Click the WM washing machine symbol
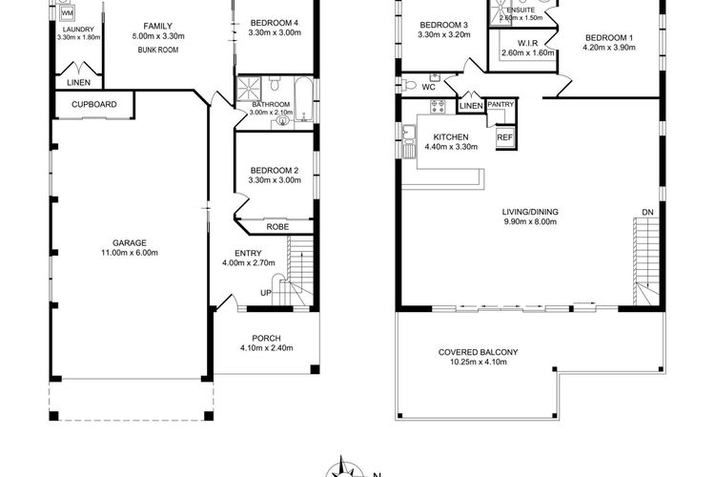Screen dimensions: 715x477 pos(67,12)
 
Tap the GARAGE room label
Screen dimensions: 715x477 pos(130,243)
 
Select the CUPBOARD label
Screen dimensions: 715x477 pos(94,104)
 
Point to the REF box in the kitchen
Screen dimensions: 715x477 pos(504,137)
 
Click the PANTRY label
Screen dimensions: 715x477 pos(500,105)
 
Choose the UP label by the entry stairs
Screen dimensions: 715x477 pos(266,293)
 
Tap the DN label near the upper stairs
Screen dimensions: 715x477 pos(647,212)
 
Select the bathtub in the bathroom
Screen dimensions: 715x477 pos(303,99)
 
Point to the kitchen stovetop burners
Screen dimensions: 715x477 pos(438,106)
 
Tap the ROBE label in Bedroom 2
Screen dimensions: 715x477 pos(277,227)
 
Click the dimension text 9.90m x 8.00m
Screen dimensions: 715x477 pos(530,222)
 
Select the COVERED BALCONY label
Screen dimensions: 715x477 pos(478,352)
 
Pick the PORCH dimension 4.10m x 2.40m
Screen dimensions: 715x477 pos(267,348)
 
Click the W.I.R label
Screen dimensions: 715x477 pos(527,43)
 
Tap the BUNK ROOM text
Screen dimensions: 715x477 pos(157,50)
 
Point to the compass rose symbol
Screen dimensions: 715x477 pos(342,467)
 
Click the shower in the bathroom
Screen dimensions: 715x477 pos(250,88)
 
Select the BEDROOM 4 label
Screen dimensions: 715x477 pos(275,23)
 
